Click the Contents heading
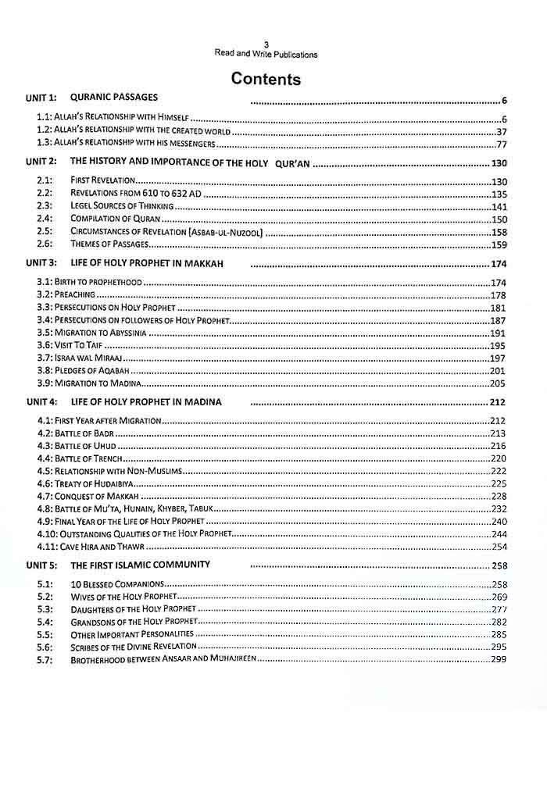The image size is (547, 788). point(266,79)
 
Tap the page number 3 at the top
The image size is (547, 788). point(266,45)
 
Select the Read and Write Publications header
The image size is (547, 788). point(266,55)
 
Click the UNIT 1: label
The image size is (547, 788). point(42,98)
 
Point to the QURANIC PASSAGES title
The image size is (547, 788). point(114,98)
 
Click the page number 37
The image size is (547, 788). point(502,131)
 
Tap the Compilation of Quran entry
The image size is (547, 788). point(114,219)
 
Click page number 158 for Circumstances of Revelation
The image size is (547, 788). point(499,232)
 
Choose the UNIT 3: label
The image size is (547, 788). point(42,263)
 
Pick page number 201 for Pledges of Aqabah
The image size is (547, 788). point(499,370)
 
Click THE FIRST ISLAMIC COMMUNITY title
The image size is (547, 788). point(140,565)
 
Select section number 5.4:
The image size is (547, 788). point(45,622)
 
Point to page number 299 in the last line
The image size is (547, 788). point(499,660)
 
